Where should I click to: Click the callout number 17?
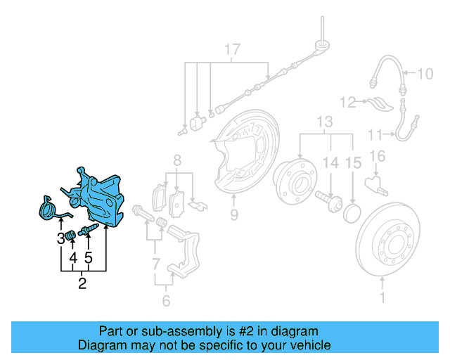click(232, 49)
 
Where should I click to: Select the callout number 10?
click(427, 72)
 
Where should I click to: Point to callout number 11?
click(375, 134)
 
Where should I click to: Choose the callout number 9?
click(233, 214)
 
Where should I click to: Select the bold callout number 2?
click(82, 284)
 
